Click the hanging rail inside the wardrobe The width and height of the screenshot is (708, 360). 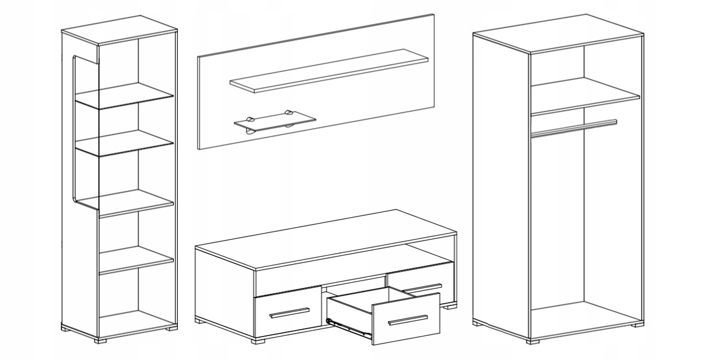click(x=573, y=128)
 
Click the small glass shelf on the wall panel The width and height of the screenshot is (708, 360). click(x=274, y=119)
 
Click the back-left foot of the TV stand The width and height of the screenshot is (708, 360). click(x=200, y=320)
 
